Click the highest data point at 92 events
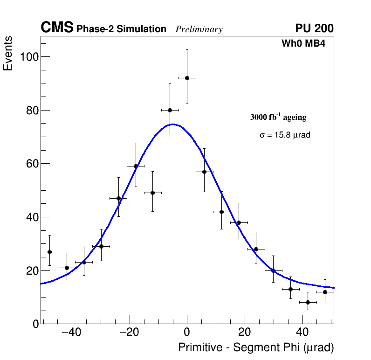[x=187, y=78]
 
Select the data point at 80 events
[x=170, y=110]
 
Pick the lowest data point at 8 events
[x=308, y=302]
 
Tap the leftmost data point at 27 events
[x=49, y=252]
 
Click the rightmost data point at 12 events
[x=325, y=292]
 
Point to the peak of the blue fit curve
[x=173, y=124]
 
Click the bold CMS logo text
[x=57, y=28]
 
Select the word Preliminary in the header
[x=199, y=29]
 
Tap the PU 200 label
[x=314, y=28]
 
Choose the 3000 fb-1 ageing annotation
[x=278, y=117]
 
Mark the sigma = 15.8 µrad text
[x=285, y=135]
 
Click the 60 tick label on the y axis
[x=31, y=164]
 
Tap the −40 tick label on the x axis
[x=71, y=332]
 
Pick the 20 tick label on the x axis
[x=245, y=332]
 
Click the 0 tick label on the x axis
[x=187, y=332]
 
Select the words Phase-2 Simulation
[x=121, y=29]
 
